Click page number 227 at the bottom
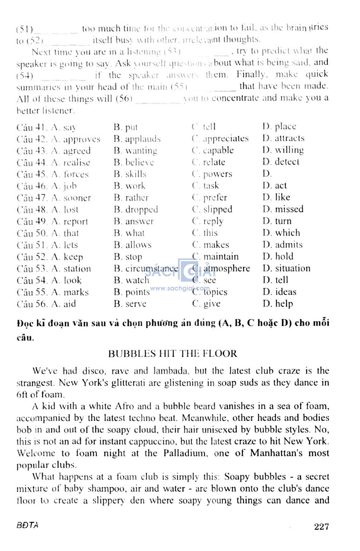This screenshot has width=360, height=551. tap(321, 526)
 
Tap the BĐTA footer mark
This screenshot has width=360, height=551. tap(27, 525)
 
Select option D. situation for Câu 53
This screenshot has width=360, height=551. tap(287, 268)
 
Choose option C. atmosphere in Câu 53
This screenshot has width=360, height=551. tap(221, 268)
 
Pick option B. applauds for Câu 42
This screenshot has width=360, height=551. tap(137, 139)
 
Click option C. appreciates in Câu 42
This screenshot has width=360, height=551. tap(220, 139)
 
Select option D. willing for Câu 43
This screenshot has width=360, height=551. tap(283, 150)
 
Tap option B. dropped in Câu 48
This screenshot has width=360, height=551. tap(136, 210)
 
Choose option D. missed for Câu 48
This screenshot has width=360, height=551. tap(283, 209)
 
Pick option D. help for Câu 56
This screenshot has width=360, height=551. tap(278, 303)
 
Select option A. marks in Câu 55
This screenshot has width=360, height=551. tap(70, 292)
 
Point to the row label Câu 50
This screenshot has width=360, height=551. tap(32, 233)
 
